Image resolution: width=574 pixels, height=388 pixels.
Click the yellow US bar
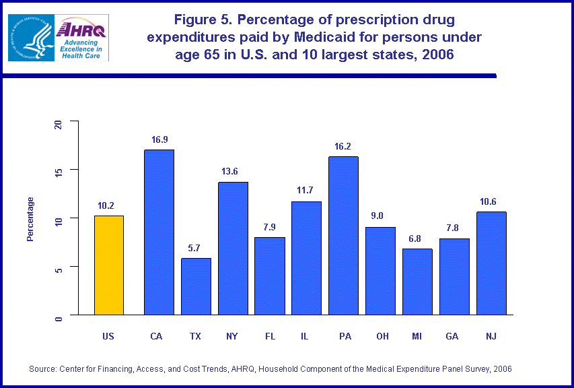(109, 265)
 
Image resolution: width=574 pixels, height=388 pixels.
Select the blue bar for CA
(159, 232)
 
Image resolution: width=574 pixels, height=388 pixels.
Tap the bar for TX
(196, 286)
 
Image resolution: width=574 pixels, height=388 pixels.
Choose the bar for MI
(417, 282)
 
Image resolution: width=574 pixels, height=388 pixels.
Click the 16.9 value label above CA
(159, 140)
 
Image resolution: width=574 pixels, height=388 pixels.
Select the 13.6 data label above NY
(233, 172)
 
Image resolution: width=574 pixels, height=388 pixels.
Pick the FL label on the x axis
(269, 336)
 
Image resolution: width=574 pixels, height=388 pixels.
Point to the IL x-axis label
(306, 336)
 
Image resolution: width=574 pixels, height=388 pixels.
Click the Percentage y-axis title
(30, 219)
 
